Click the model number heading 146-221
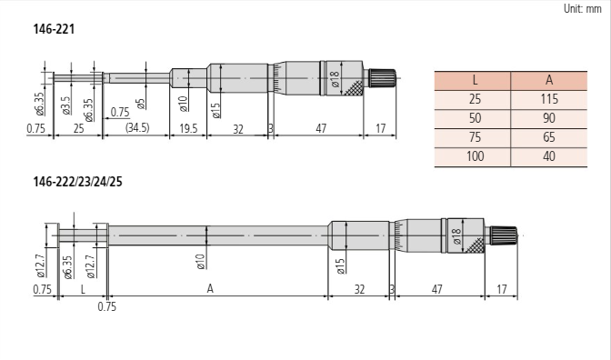pos(54,29)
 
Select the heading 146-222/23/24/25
pos(77,181)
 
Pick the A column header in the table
pos(548,80)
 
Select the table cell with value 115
pos(548,99)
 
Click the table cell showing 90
pos(548,118)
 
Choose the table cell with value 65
pos(548,137)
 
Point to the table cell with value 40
pos(548,156)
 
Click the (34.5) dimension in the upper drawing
pos(137,130)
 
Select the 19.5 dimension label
pos(188,130)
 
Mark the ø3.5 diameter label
pos(66,105)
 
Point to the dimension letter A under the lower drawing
pos(210,288)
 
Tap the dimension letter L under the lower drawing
pos(83,288)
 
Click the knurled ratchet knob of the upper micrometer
pos(380,78)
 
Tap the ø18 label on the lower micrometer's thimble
pos(456,236)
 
